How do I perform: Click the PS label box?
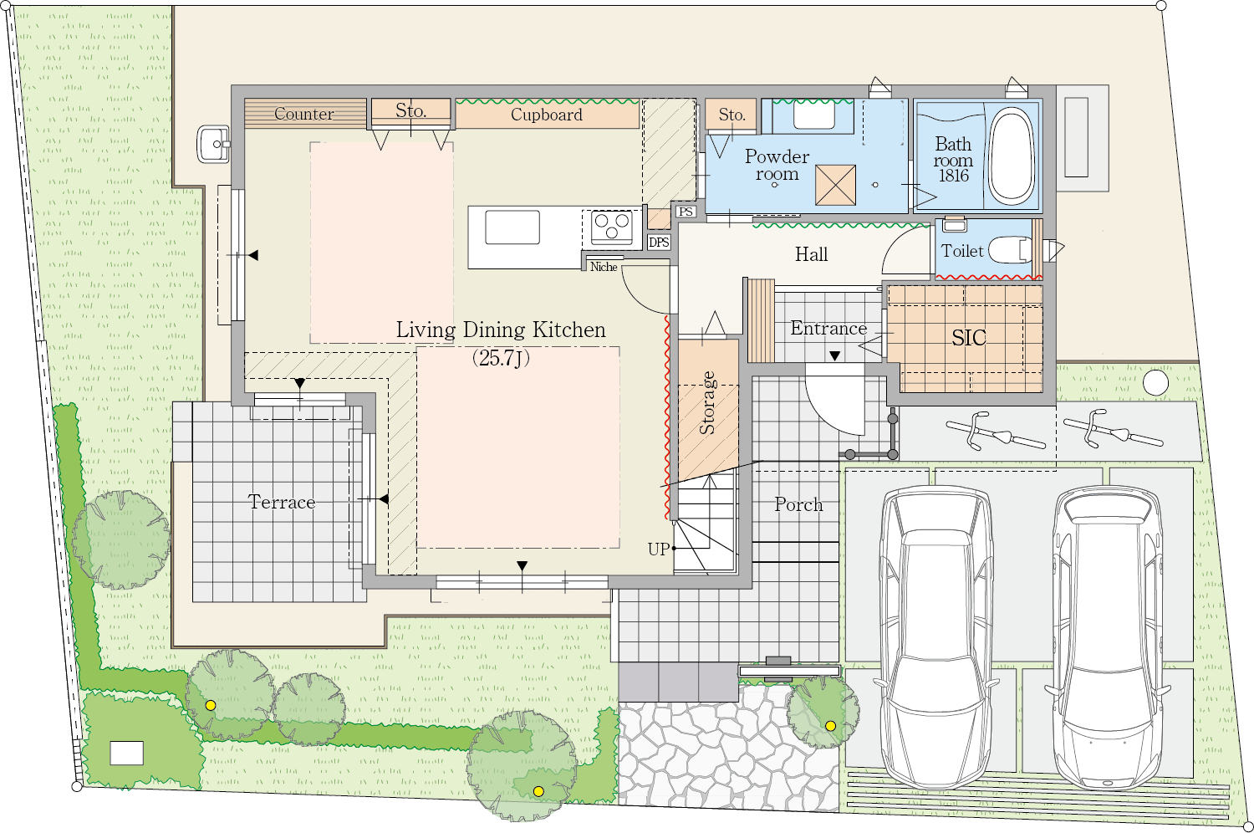[686, 212]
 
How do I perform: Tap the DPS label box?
[659, 242]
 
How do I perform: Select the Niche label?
[604, 267]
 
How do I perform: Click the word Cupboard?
[547, 115]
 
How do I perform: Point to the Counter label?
[304, 114]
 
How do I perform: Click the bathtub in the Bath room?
[1011, 155]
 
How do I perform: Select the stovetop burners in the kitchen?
[612, 227]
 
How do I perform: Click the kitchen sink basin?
[512, 227]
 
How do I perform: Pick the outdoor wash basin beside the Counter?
[213, 144]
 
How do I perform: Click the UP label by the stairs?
[659, 549]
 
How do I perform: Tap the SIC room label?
[968, 338]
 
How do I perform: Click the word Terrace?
[282, 502]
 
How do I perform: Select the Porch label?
[798, 504]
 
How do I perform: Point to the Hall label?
[811, 255]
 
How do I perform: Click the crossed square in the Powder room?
[835, 185]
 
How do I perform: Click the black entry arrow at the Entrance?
[834, 355]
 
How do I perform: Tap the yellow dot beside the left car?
[831, 726]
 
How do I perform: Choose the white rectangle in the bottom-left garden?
[126, 753]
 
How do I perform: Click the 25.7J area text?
[501, 357]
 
